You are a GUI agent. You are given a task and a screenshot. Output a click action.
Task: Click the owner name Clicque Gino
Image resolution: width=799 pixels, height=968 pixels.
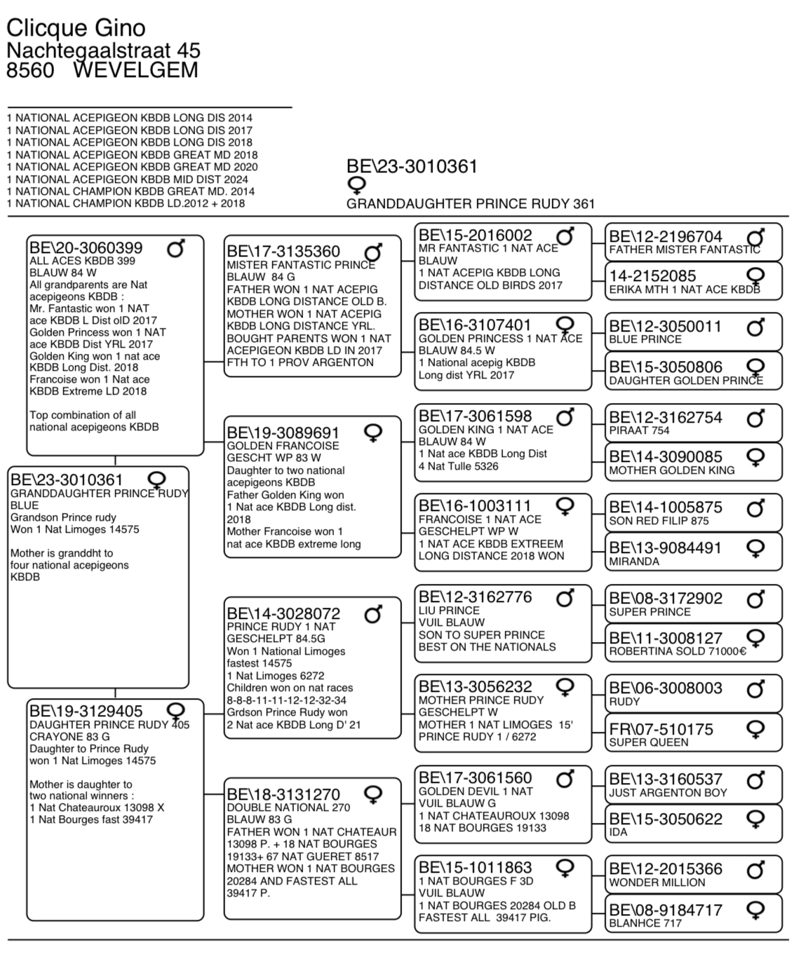76,28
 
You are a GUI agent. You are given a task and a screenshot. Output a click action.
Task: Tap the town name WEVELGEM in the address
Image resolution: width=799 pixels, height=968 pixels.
135,71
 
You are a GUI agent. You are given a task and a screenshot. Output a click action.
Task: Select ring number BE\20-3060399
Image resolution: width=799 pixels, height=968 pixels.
86,248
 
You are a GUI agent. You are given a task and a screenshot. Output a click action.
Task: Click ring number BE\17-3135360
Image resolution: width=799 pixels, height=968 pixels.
283,252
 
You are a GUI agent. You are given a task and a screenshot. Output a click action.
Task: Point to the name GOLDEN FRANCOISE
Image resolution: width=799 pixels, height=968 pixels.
283,446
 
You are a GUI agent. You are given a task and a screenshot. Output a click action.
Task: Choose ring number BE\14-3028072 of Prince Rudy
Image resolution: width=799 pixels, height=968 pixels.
283,615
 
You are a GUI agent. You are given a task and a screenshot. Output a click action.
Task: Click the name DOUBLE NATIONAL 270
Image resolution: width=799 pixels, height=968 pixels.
288,807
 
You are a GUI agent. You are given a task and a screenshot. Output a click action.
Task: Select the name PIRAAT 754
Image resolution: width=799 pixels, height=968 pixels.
639,430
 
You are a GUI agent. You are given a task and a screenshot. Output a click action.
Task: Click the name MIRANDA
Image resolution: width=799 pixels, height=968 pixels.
634,561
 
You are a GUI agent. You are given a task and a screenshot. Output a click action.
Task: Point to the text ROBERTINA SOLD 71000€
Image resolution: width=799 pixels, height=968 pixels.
678,651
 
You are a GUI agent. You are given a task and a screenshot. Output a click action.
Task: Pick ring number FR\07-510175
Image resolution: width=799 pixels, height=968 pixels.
661,730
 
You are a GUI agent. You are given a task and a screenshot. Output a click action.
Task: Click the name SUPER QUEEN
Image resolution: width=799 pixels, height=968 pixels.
649,742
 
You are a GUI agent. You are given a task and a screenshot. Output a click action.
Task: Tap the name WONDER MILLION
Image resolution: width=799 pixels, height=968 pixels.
657,882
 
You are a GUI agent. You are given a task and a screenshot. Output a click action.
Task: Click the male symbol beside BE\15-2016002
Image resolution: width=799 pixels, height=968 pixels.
565,236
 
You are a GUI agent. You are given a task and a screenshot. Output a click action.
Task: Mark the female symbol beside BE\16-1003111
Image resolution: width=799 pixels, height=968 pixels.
565,505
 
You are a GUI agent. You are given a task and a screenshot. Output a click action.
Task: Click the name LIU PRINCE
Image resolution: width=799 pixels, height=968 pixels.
449,611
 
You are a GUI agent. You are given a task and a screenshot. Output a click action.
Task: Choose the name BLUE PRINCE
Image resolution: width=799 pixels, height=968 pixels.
645,339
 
